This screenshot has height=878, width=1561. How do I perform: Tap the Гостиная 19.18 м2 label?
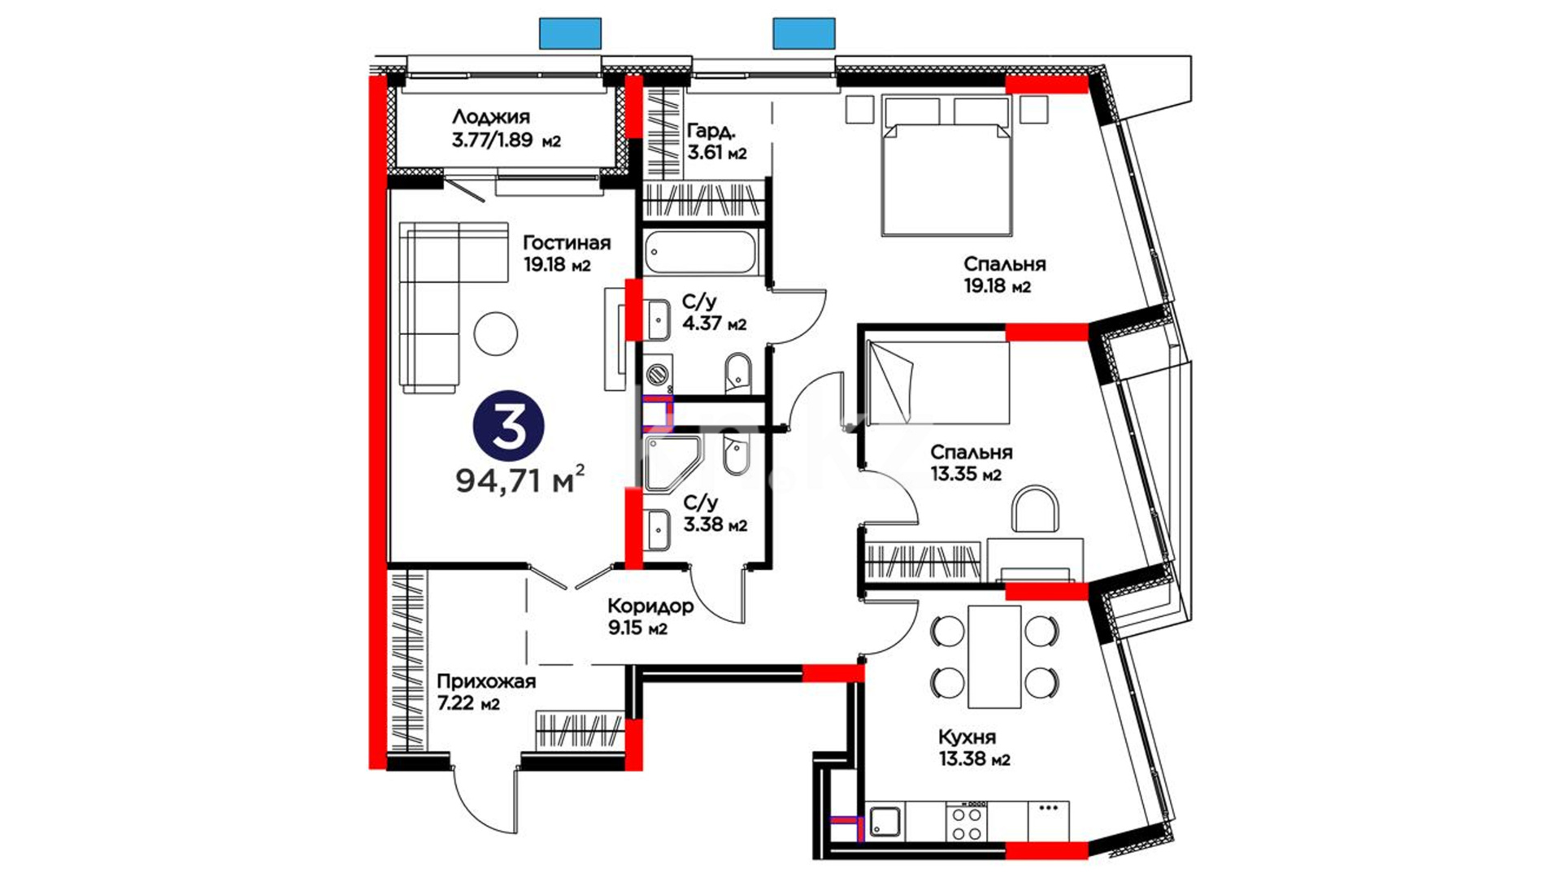[566, 254]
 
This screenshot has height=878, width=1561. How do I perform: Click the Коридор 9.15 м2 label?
[650, 616]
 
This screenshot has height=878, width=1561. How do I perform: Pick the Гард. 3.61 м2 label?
[716, 141]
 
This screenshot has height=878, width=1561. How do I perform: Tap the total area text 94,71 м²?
[520, 480]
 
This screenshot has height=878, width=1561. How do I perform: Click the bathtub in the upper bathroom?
[701, 253]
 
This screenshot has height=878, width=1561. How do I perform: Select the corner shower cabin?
[672, 464]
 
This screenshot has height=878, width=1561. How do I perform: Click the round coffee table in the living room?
[496, 333]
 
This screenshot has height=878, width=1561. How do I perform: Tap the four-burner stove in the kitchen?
[967, 821]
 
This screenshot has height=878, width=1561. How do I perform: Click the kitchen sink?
[885, 821]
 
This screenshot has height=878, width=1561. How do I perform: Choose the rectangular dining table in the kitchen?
[994, 656]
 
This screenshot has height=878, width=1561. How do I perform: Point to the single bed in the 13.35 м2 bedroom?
[938, 382]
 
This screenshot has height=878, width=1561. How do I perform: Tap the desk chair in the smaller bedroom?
[1036, 511]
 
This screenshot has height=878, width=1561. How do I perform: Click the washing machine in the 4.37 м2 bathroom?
[658, 374]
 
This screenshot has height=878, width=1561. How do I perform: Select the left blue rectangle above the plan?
[571, 33]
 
